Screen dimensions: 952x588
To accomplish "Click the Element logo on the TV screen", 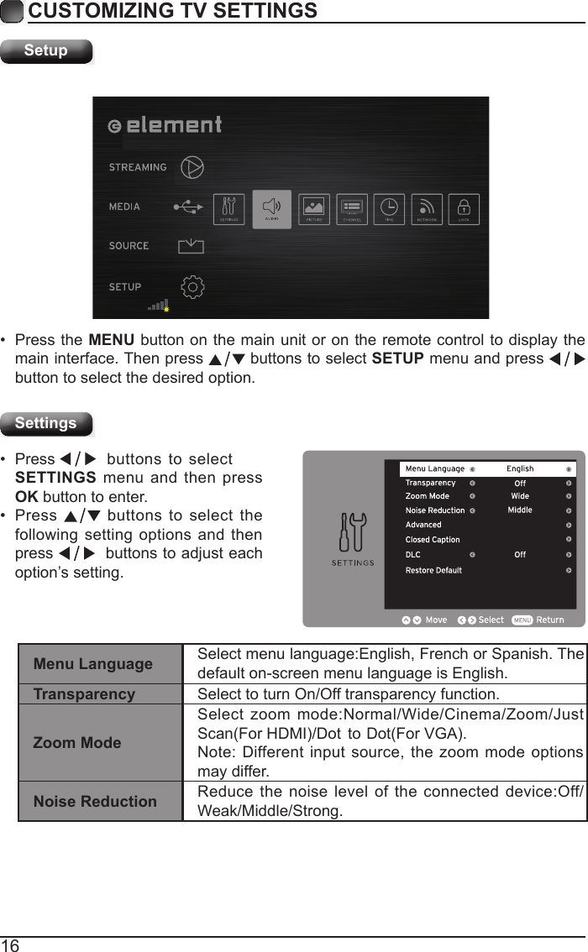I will [165, 125].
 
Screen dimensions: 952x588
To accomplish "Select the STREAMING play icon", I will [192, 167].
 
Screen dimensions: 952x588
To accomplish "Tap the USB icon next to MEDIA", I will [188, 207].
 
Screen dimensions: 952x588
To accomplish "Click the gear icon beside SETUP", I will [192, 287].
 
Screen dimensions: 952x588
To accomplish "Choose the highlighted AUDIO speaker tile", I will [272, 208].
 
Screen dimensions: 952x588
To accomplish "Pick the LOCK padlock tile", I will [464, 208].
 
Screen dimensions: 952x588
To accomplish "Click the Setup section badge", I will [46, 51].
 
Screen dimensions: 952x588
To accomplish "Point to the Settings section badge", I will [46, 424].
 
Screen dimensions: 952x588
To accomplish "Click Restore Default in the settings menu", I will [433, 571].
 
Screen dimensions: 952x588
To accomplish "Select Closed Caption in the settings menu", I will [433, 540].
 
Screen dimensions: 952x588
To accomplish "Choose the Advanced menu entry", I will [423, 525].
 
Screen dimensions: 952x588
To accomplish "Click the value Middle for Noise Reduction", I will [520, 510].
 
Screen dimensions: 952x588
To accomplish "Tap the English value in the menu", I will [520, 469].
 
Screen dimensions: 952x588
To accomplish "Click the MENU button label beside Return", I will [522, 620].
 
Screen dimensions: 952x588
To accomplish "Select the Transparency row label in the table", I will [84, 694].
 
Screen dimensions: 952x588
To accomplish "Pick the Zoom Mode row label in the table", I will [77, 743].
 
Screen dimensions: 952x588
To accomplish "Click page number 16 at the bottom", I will [10, 945].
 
